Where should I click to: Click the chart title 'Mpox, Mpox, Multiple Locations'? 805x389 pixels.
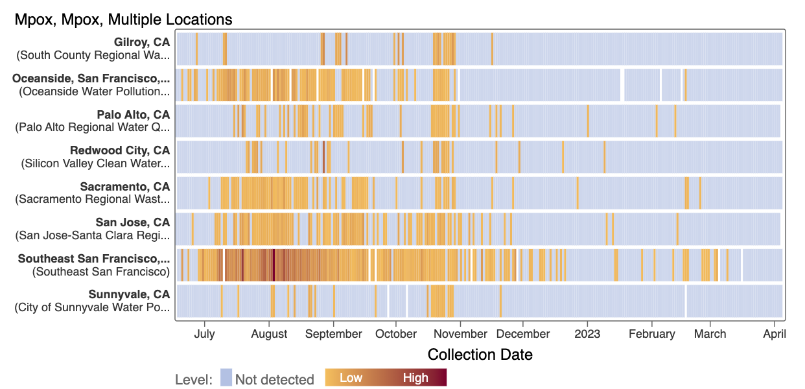click(x=123, y=20)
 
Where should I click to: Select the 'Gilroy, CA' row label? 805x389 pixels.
click(x=141, y=42)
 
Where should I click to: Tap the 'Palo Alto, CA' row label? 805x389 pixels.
click(x=133, y=115)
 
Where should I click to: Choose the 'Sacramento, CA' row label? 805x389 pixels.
click(x=124, y=187)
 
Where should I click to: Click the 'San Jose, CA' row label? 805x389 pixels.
click(x=132, y=222)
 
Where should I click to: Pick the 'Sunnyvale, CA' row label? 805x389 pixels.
click(x=129, y=294)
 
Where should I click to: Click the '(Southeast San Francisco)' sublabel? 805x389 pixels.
click(x=101, y=271)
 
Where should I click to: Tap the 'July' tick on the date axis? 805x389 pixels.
click(x=204, y=334)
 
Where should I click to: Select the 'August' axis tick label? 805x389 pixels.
click(x=269, y=334)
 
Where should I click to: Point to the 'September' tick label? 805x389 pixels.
click(x=333, y=334)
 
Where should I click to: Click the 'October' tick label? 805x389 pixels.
click(x=396, y=334)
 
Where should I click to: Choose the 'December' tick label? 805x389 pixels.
click(x=523, y=334)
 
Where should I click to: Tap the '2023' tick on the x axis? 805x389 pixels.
click(x=588, y=334)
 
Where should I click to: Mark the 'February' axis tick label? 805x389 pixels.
click(x=651, y=334)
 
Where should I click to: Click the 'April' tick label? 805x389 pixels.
click(x=775, y=334)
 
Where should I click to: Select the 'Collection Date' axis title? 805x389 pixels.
click(x=480, y=355)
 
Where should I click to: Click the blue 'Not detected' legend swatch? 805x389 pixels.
click(x=226, y=377)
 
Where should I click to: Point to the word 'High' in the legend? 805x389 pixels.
click(x=415, y=377)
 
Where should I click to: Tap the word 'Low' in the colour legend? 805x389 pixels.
click(x=351, y=377)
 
